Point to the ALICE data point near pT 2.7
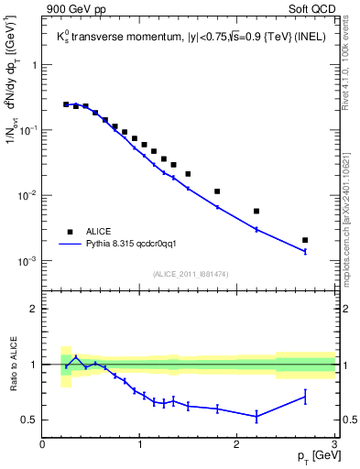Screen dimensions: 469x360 tap(305, 240)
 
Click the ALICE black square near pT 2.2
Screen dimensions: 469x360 tap(256, 211)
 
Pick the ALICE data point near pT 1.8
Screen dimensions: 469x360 tap(217, 191)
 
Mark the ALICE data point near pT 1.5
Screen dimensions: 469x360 tap(188, 174)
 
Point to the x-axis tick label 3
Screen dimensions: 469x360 tap(334, 444)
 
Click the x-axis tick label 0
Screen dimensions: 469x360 tap(43, 444)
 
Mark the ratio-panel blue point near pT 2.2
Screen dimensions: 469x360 tap(256, 417)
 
